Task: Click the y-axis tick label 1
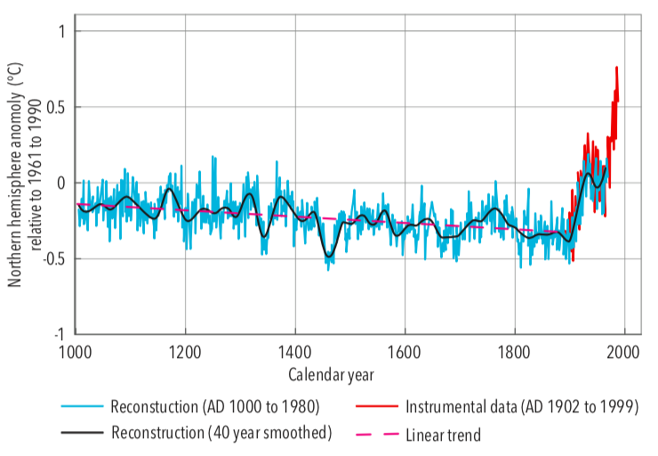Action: [x=60, y=31]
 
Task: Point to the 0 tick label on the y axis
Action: [x=60, y=183]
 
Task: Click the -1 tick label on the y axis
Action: [x=58, y=335]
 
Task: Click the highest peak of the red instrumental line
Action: [x=616, y=68]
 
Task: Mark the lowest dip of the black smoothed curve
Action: [x=329, y=256]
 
